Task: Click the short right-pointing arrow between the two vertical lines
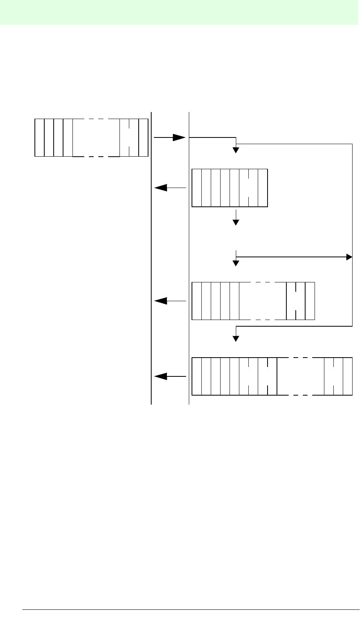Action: (x=169, y=137)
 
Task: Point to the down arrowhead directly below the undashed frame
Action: (x=236, y=222)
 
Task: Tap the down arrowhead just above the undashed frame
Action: (x=236, y=150)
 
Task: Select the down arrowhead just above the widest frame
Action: (x=236, y=339)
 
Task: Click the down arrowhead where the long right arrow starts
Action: (x=236, y=263)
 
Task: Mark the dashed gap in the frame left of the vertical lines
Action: (x=96, y=137)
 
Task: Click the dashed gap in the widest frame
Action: (x=300, y=376)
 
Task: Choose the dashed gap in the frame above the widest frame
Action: (x=263, y=301)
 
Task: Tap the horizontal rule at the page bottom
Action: (x=188, y=610)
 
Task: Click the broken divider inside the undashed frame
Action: (x=249, y=188)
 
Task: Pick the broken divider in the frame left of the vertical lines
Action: (x=130, y=137)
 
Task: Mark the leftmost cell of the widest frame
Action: (x=197, y=376)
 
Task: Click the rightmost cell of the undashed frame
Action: (x=263, y=188)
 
